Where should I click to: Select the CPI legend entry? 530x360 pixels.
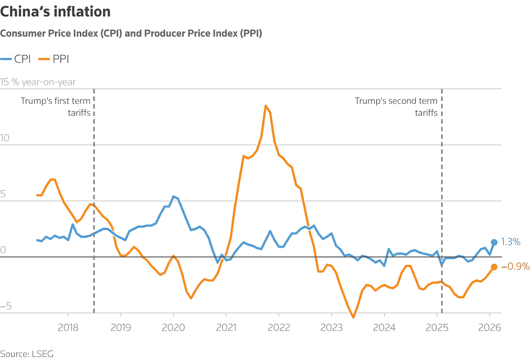click(16, 59)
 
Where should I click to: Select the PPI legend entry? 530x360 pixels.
click(54, 59)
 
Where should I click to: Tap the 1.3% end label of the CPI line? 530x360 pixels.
click(510, 242)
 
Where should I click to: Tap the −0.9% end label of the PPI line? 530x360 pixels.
click(515, 266)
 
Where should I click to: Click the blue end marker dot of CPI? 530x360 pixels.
click(494, 242)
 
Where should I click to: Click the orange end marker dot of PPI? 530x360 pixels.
click(494, 267)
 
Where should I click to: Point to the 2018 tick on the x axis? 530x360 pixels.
click(68, 327)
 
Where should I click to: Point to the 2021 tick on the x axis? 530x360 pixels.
click(226, 327)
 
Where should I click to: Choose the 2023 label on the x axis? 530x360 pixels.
click(331, 327)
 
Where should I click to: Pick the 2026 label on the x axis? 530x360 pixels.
click(489, 327)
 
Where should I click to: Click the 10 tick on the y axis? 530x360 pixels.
click(5, 138)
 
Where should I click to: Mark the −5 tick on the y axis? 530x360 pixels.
click(6, 306)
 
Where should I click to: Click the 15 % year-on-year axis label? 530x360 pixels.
click(38, 82)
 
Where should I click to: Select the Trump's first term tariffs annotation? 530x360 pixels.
click(60, 107)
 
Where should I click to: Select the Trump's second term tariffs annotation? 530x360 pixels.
click(396, 107)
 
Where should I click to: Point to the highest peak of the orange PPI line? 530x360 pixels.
click(266, 106)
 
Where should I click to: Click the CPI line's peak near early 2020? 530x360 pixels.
click(174, 196)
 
